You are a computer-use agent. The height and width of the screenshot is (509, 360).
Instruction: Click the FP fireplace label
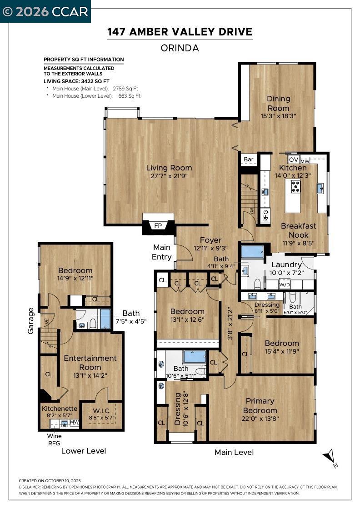click(x=158, y=225)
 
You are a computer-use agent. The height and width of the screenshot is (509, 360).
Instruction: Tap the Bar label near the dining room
click(x=249, y=160)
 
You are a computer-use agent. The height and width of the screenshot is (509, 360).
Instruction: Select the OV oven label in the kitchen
click(x=294, y=160)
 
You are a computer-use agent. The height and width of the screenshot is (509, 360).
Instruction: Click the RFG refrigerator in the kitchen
click(x=266, y=215)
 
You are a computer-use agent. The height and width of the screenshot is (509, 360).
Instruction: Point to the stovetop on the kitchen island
click(x=295, y=186)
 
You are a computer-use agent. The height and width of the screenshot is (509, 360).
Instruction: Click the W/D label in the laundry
click(x=285, y=285)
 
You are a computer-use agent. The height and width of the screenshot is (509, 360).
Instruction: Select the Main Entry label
click(x=162, y=252)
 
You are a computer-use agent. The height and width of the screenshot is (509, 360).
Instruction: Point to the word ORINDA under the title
click(x=180, y=48)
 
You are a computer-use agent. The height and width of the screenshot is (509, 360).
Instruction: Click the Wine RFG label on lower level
click(x=54, y=439)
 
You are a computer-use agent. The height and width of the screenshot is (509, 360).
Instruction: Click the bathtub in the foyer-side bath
click(x=249, y=252)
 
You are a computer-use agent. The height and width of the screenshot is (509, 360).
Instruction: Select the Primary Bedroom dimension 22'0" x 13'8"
click(x=260, y=419)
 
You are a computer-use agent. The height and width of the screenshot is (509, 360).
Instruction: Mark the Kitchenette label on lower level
click(x=57, y=409)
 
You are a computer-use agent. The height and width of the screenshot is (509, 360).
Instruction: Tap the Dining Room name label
click(x=278, y=103)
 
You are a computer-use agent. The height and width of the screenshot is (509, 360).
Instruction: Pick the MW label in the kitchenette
click(x=75, y=422)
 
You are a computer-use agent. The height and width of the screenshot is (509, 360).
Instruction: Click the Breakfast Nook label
click(x=298, y=230)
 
